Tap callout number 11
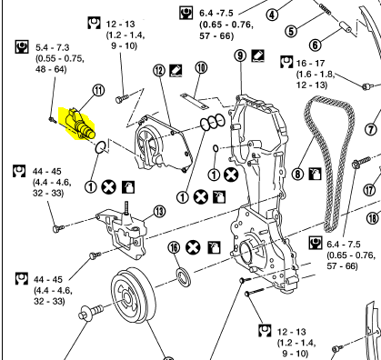(x=98, y=90)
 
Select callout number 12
(x=159, y=71)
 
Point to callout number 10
(x=201, y=67)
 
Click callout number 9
(x=240, y=55)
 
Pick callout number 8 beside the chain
(x=297, y=174)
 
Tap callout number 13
(x=160, y=212)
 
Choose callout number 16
(x=174, y=247)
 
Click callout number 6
(x=316, y=45)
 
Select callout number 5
(x=291, y=31)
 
